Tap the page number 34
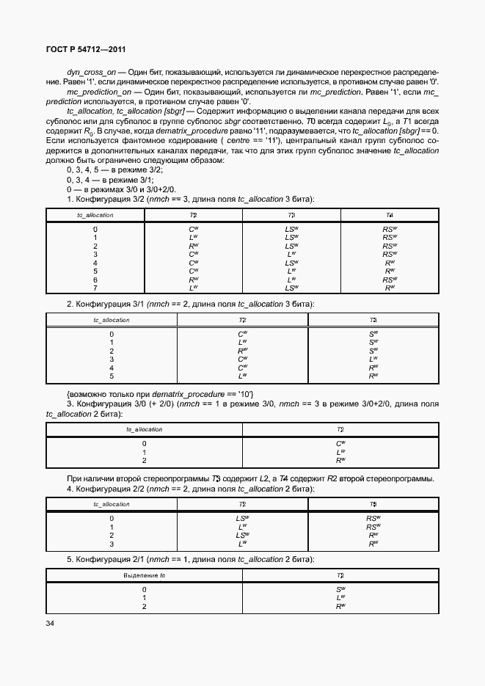coord(50,624)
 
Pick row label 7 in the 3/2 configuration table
coord(95,288)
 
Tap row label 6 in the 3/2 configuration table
coord(95,280)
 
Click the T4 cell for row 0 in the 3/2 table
coord(389,230)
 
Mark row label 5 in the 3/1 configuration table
coord(112,376)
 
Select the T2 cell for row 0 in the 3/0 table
coord(340,444)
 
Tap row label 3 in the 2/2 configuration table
coord(112,544)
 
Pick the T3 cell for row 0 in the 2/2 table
coord(373,519)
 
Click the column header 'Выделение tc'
coord(145,575)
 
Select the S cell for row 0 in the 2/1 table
coord(340,589)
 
